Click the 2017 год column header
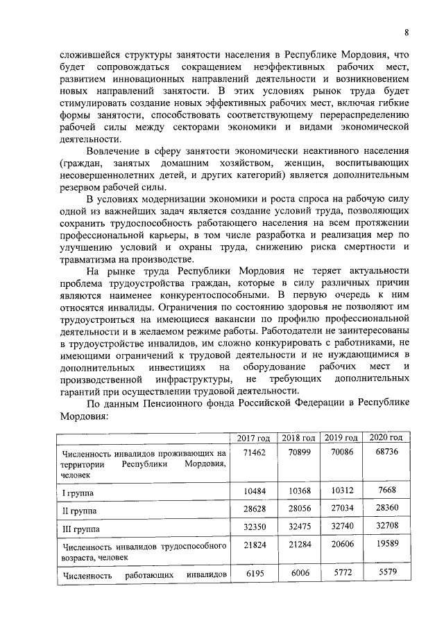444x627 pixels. click(x=253, y=439)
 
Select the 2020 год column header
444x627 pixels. click(x=386, y=438)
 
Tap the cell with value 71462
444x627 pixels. click(x=253, y=452)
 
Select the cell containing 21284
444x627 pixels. click(x=298, y=547)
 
